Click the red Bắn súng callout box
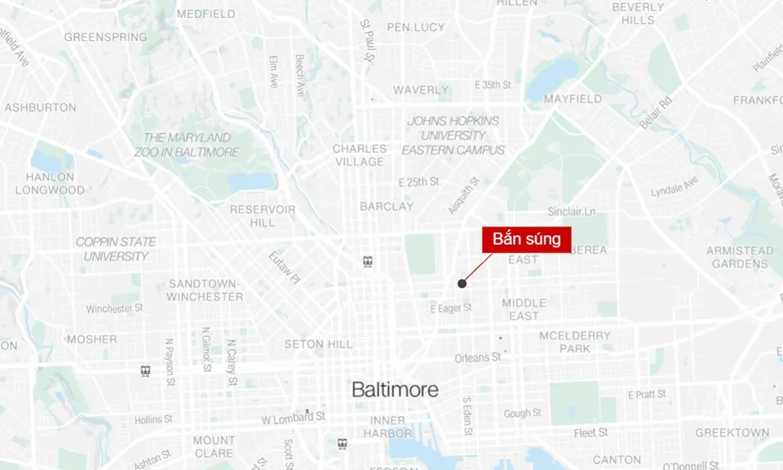click(526, 240)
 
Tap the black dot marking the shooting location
click(462, 284)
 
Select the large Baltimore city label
click(395, 390)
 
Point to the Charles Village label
click(360, 155)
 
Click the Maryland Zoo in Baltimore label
click(192, 144)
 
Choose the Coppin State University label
click(116, 249)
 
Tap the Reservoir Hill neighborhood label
click(263, 215)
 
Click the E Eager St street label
click(451, 308)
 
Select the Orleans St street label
click(478, 357)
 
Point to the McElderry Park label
click(575, 342)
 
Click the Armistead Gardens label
click(740, 257)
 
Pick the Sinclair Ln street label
click(571, 212)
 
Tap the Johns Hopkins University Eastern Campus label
click(453, 135)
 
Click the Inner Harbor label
click(387, 427)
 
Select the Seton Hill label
click(318, 344)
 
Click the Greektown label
click(732, 432)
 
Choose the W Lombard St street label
click(293, 417)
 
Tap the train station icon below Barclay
click(369, 262)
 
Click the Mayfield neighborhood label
click(573, 99)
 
